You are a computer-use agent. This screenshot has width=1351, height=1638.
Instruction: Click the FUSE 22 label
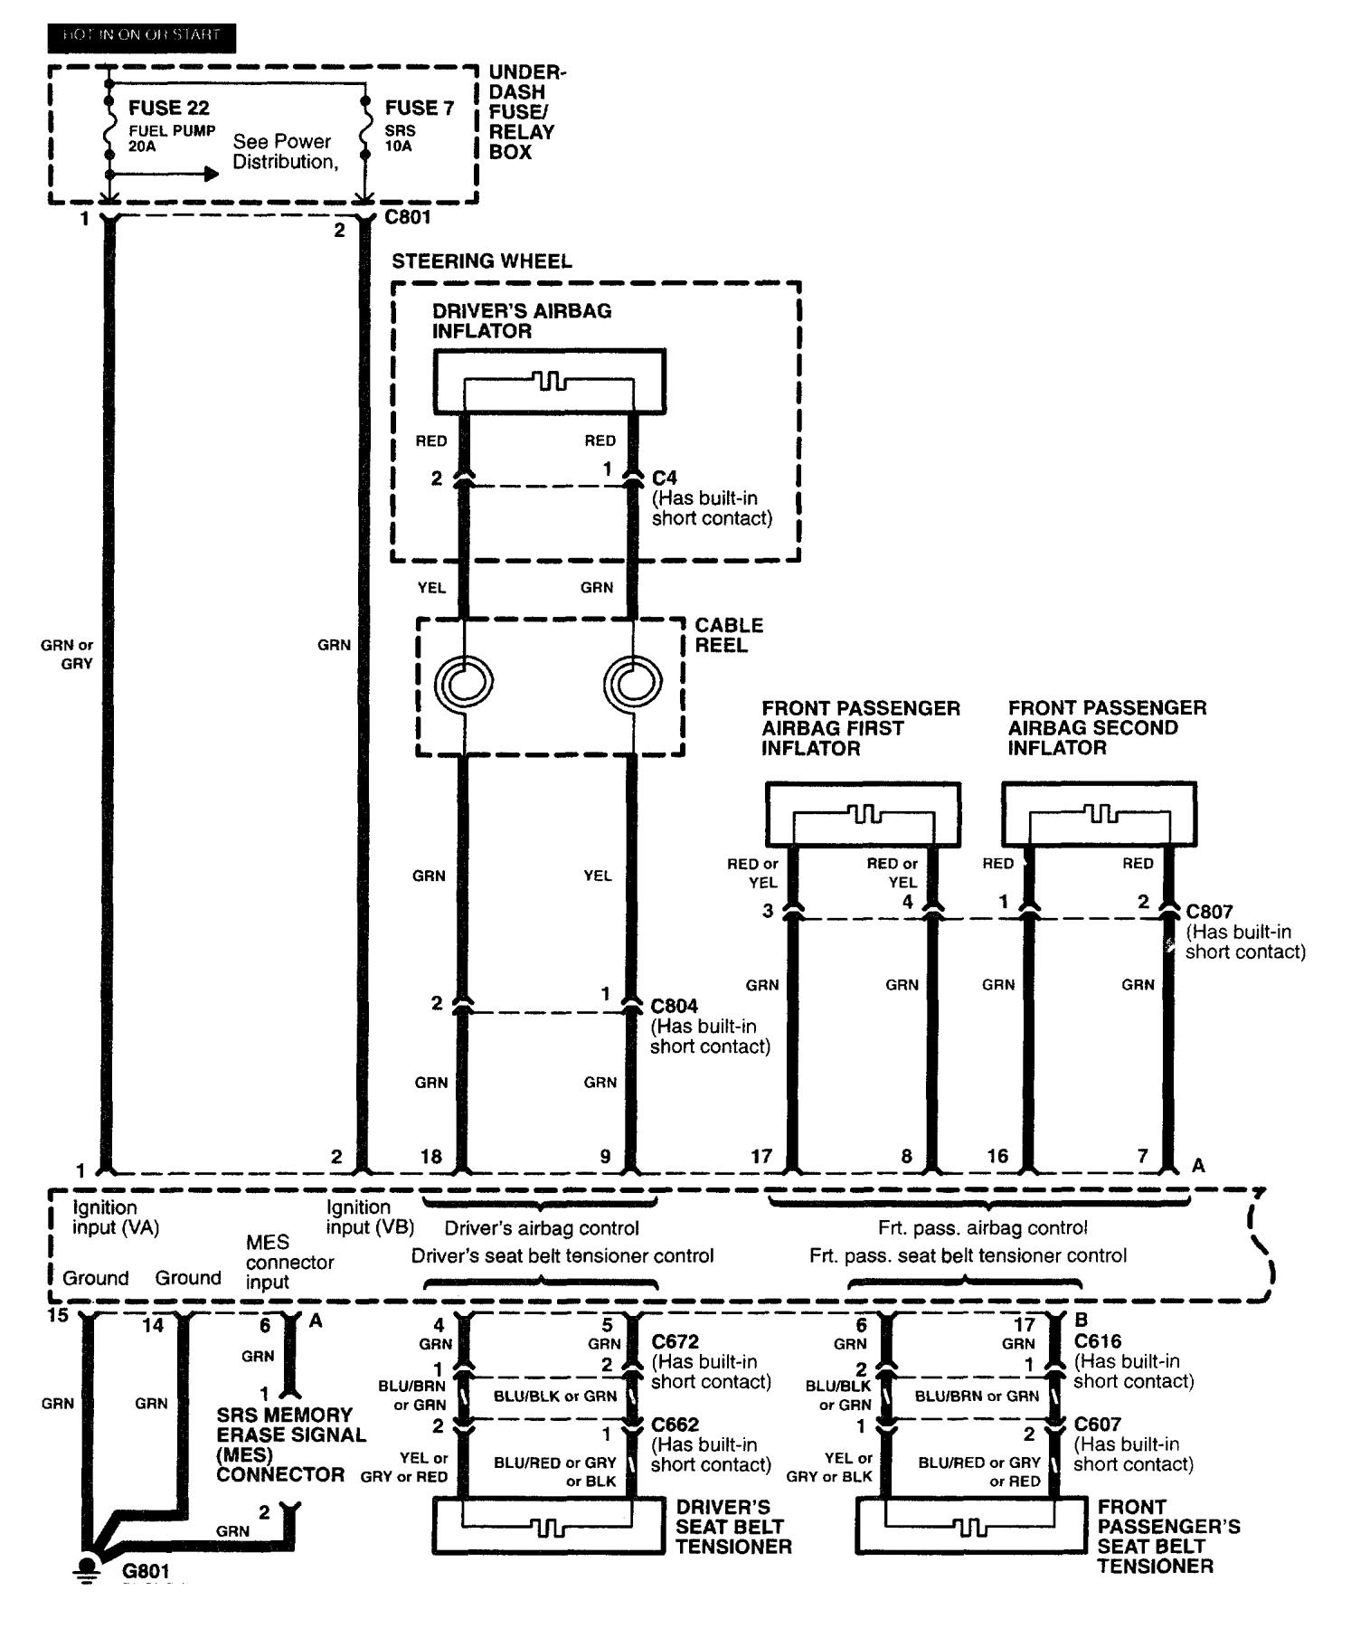point(168,109)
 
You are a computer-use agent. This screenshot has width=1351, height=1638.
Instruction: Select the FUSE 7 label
point(419,109)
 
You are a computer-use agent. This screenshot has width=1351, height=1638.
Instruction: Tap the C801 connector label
point(407,217)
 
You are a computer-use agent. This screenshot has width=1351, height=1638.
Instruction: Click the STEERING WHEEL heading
point(481,261)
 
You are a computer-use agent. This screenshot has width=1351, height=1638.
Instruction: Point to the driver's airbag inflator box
point(550,382)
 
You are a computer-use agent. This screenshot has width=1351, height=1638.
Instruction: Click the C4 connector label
point(664,477)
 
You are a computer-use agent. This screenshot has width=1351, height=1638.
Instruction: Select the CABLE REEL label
point(729,635)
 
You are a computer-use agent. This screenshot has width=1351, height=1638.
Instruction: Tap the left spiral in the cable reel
point(464,681)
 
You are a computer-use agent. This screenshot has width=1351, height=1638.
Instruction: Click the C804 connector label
point(674,1006)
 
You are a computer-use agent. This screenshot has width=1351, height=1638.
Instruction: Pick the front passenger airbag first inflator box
point(863,814)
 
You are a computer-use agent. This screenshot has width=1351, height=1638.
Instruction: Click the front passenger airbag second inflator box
point(1099,814)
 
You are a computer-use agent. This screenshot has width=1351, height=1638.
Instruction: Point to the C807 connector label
point(1209,912)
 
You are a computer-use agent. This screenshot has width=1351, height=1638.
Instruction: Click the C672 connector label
point(675,1342)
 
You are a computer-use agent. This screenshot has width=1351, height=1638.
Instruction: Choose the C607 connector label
point(1097,1425)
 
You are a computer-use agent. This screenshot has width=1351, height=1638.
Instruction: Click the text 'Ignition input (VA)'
point(116,1217)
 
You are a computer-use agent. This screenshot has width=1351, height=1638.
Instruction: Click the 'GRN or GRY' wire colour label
point(66,654)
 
